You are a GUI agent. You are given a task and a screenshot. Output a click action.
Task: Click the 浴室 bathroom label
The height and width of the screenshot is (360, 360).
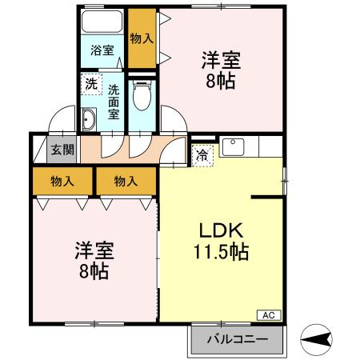[x=102, y=50]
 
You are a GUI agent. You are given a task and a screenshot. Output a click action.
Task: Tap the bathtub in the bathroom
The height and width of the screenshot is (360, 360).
[x=102, y=22]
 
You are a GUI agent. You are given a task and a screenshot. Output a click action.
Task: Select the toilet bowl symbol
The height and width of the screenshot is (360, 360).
[x=142, y=98]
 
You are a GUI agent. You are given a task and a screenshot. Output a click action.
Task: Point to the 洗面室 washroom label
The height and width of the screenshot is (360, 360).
[x=114, y=101]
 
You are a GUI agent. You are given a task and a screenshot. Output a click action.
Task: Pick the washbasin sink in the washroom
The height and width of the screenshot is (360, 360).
[x=89, y=122]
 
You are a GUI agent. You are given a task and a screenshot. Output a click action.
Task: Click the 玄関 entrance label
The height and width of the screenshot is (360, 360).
[x=62, y=150]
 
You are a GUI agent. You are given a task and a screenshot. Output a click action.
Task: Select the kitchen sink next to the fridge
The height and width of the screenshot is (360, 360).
[x=234, y=147]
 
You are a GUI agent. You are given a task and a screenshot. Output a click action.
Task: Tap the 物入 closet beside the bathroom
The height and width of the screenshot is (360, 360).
[x=142, y=38]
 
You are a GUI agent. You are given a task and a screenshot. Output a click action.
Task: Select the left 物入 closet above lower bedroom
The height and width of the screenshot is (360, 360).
[x=62, y=182]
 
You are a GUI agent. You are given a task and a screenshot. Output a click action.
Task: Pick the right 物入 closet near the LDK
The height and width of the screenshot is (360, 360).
[x=125, y=182]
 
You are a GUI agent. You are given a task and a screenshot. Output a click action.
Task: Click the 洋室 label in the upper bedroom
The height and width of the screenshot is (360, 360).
[x=220, y=61]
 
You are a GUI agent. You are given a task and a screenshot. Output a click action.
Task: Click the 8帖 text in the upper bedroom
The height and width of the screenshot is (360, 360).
[x=220, y=82]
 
